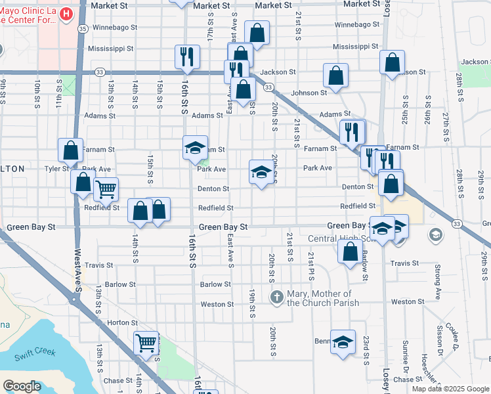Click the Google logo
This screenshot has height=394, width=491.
pyautogui.click(x=22, y=385)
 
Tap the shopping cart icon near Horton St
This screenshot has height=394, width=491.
pyautogui.click(x=146, y=342)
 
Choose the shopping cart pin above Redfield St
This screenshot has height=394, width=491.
pyautogui.click(x=105, y=190)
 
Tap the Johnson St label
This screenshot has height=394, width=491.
pyautogui.click(x=309, y=93)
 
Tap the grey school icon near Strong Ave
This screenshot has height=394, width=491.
pyautogui.click(x=435, y=234)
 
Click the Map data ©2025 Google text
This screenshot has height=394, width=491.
pyautogui.click(x=450, y=389)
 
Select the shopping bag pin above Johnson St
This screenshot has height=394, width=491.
pyautogui.click(x=335, y=76)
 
